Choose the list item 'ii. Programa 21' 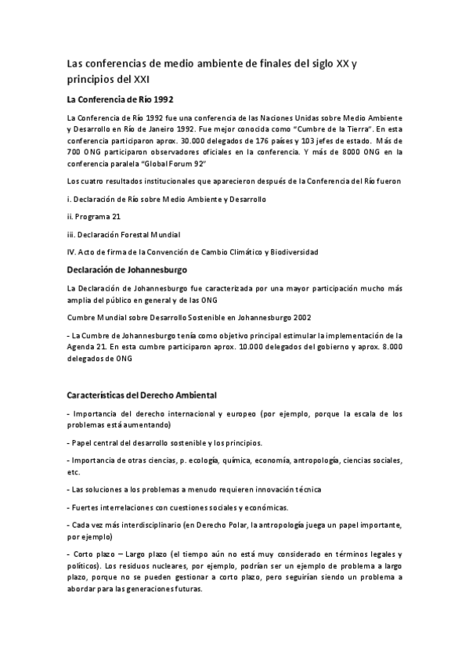point(94,216)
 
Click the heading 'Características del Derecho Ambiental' point(142,395)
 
